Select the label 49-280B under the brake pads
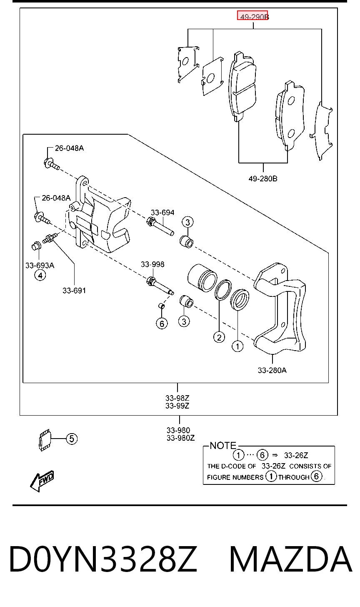(x=263, y=179)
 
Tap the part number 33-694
(x=162, y=213)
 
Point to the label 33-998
(x=152, y=264)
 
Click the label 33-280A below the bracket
(x=272, y=370)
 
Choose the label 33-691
(x=74, y=291)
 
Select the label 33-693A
(x=40, y=266)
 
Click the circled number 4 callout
(x=40, y=276)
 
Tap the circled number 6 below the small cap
(x=162, y=324)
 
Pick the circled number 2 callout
(x=219, y=337)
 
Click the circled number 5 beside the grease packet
(x=72, y=439)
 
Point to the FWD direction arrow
(x=42, y=481)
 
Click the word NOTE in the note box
(x=223, y=446)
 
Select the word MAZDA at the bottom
(x=291, y=559)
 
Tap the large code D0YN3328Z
(x=103, y=559)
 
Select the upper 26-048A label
(x=69, y=148)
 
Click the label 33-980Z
(x=180, y=438)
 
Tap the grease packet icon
(x=45, y=440)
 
